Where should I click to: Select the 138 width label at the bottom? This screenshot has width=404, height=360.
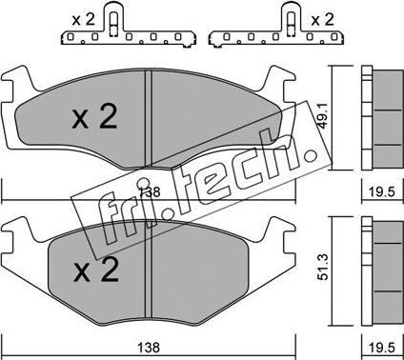(149, 348)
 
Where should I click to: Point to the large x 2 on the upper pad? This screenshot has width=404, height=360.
(94, 117)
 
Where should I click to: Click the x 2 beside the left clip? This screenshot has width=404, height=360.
(84, 20)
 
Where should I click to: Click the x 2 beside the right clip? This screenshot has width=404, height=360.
(323, 20)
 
